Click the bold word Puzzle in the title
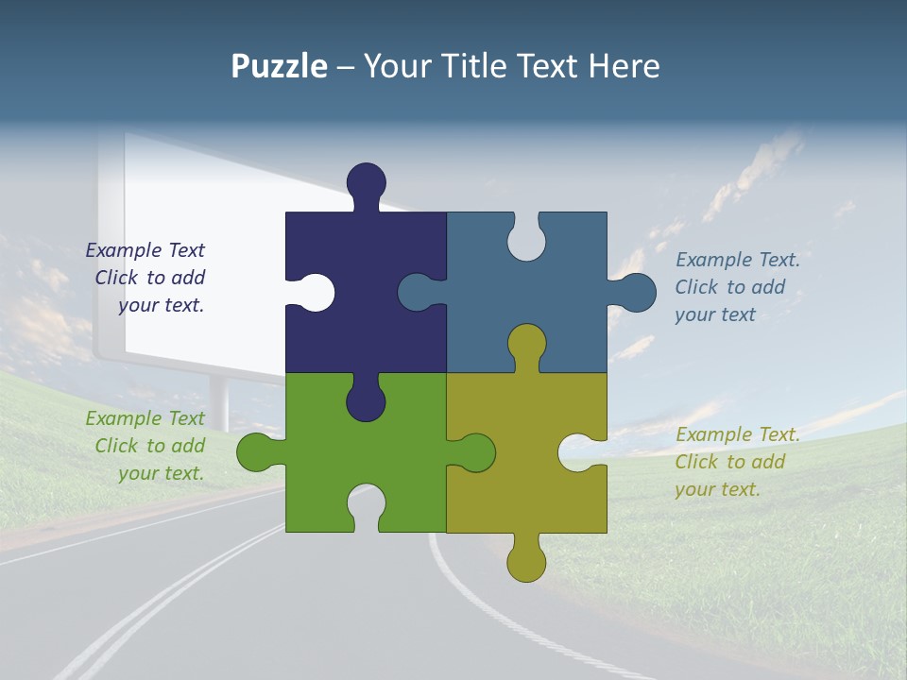[279, 66]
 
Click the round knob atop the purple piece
[367, 182]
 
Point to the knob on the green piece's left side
[255, 452]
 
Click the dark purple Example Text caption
[145, 278]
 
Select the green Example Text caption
[145, 446]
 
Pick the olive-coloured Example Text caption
[737, 462]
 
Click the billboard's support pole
[219, 401]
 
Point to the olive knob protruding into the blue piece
[526, 344]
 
